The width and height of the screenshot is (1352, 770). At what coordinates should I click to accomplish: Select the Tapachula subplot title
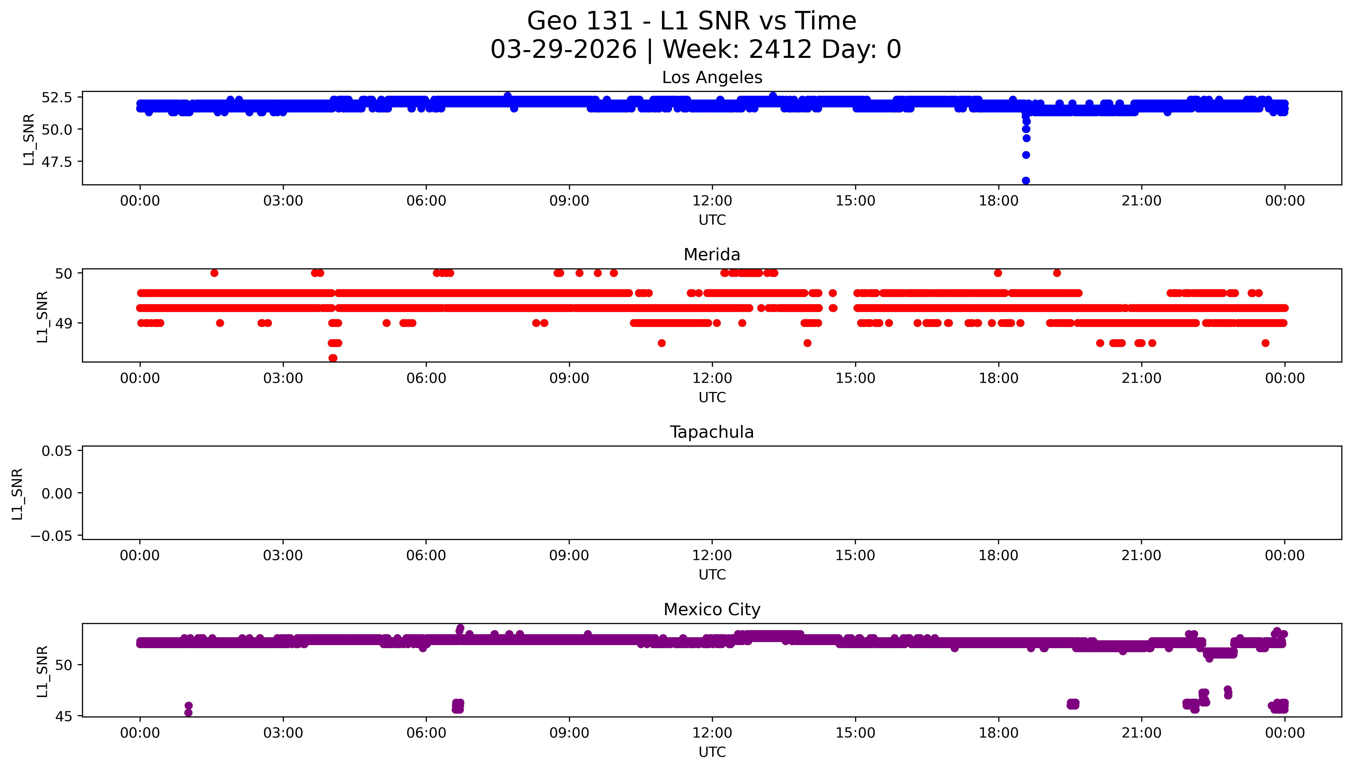(712, 432)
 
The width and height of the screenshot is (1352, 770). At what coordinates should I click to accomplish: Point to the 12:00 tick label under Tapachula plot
(712, 555)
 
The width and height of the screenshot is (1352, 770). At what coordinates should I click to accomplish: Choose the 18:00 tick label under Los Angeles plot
(998, 201)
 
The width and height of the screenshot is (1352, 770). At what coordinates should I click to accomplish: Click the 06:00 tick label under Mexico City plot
(426, 733)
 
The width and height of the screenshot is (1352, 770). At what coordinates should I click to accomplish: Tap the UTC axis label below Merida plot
(712, 397)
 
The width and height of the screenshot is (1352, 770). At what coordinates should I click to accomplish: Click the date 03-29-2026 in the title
(563, 49)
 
